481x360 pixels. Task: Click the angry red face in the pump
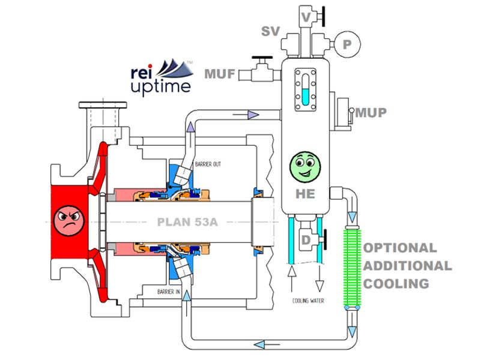click(68, 221)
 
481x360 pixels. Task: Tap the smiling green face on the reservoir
click(305, 166)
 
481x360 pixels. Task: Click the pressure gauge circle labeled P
click(347, 44)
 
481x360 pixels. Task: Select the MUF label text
click(220, 74)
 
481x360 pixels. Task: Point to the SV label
click(270, 31)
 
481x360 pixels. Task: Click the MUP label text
click(371, 113)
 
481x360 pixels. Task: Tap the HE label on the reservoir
click(305, 194)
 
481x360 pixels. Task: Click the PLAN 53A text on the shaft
click(187, 222)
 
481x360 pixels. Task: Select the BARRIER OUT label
click(208, 164)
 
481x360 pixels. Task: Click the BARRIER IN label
click(169, 292)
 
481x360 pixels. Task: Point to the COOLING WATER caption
click(308, 301)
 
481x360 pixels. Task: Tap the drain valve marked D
click(310, 240)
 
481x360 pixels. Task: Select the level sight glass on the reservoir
click(305, 89)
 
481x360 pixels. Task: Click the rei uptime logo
click(162, 77)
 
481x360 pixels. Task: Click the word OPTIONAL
click(400, 248)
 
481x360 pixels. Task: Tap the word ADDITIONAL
click(408, 266)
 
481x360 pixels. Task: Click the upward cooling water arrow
click(291, 278)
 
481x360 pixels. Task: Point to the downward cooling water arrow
click(319, 278)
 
